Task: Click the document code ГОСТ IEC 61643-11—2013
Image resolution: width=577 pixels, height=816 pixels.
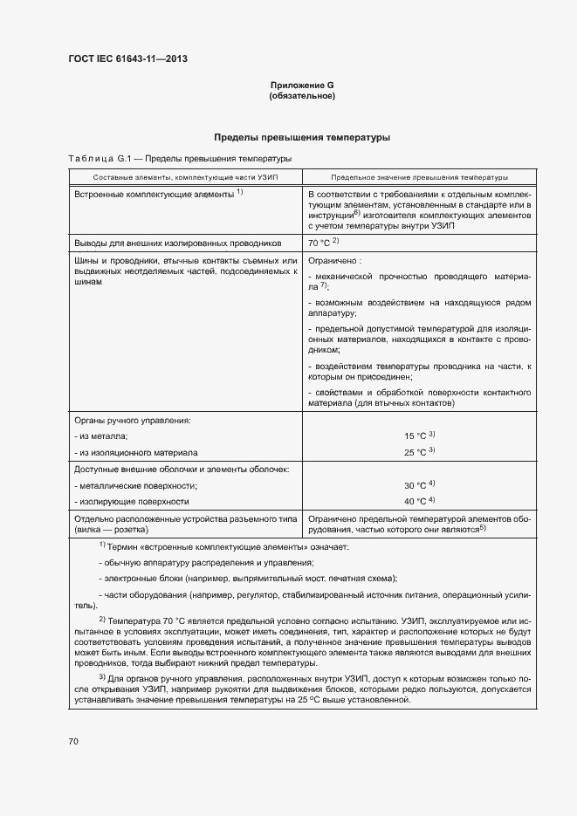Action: pos(128,59)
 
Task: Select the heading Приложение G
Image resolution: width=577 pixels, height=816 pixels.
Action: pos(302,85)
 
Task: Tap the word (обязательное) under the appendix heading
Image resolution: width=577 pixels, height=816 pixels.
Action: pos(302,95)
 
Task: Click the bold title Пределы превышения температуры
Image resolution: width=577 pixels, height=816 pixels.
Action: pos(302,137)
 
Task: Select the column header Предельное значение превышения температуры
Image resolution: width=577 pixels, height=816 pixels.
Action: pos(419,176)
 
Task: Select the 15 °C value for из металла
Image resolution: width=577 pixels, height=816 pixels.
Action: pos(415,435)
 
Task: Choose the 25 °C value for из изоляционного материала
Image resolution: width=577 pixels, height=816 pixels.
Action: pos(415,453)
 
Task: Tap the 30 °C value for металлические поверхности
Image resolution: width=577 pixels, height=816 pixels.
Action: pos(415,484)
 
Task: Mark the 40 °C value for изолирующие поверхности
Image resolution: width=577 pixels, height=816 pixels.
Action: pos(415,502)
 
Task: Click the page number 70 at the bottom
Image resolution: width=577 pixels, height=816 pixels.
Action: pos(73,741)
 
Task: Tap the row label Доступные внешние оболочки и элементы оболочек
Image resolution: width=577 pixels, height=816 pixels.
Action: pos(182,470)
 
